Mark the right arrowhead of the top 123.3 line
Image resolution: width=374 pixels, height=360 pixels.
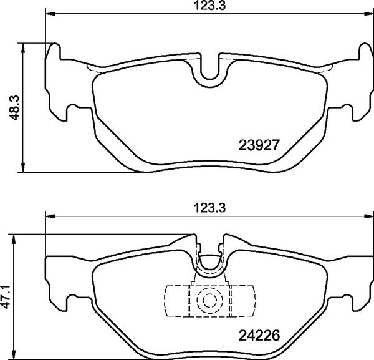(x=367, y=14)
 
